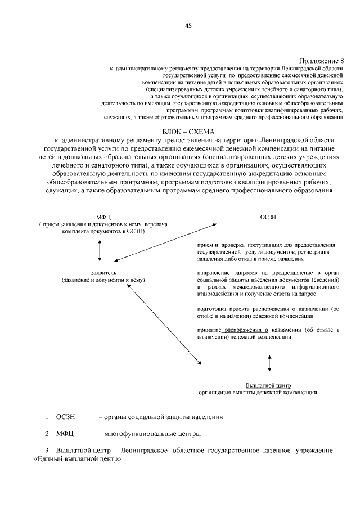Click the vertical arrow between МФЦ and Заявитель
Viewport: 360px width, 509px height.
[x=100, y=250]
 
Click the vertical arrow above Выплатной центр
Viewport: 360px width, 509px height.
[x=270, y=363]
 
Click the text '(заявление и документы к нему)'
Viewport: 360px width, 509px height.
[x=99, y=278]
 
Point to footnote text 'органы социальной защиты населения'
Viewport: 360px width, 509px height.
[x=161, y=417]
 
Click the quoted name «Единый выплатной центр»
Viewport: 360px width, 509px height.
[x=78, y=459]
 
